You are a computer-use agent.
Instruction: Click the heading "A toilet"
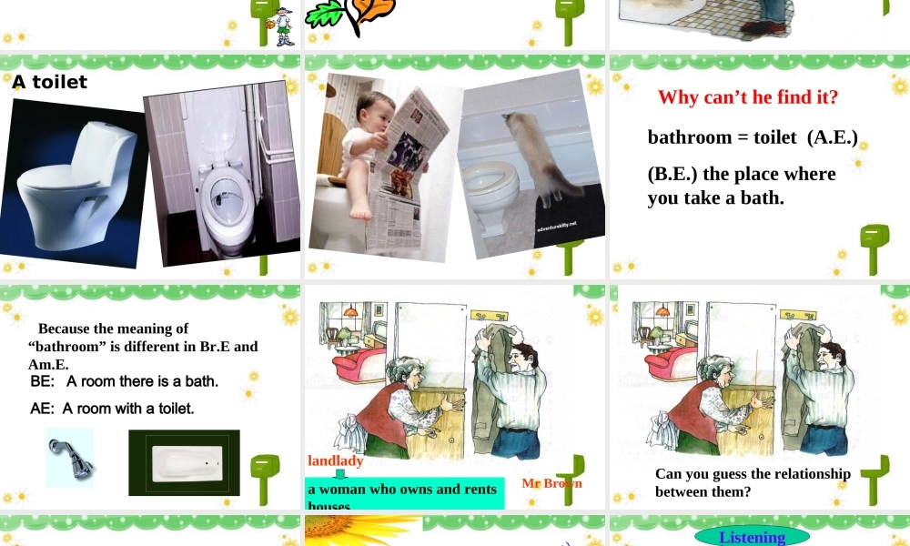(x=50, y=82)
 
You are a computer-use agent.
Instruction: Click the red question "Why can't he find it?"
(x=747, y=97)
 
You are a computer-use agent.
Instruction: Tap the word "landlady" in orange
(x=335, y=460)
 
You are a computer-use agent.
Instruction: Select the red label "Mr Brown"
(x=551, y=483)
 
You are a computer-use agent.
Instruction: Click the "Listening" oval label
(x=752, y=537)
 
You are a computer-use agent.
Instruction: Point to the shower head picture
(x=70, y=458)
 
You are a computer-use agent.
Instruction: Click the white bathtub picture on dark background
(x=184, y=463)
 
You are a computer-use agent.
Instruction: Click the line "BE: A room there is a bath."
(x=124, y=381)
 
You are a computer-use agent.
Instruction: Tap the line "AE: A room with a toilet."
(x=112, y=409)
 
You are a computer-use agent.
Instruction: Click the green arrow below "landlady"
(x=340, y=474)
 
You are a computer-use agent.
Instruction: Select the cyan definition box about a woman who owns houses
(x=403, y=492)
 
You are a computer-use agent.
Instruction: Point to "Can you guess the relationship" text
(x=753, y=473)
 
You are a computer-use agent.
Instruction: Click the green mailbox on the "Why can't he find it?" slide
(x=874, y=248)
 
